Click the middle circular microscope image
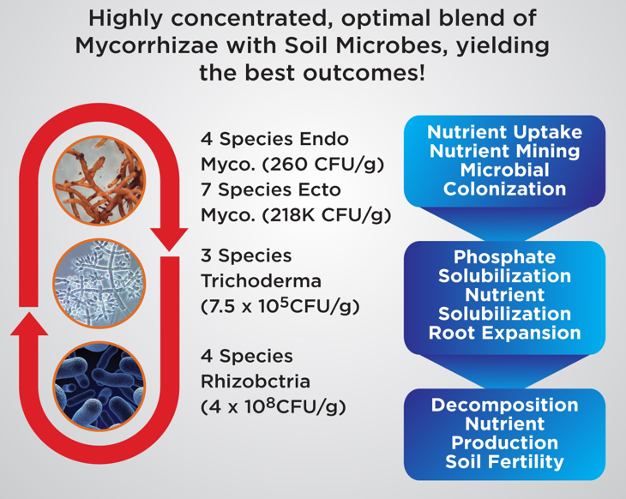coord(99,282)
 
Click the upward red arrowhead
coord(32,324)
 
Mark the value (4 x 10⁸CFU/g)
coord(273,406)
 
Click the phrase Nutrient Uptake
coord(504,133)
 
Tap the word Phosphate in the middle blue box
coord(504,257)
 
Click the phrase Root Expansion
coord(504,333)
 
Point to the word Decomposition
coord(504,405)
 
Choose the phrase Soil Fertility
coord(504,462)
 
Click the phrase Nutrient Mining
coord(504,152)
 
